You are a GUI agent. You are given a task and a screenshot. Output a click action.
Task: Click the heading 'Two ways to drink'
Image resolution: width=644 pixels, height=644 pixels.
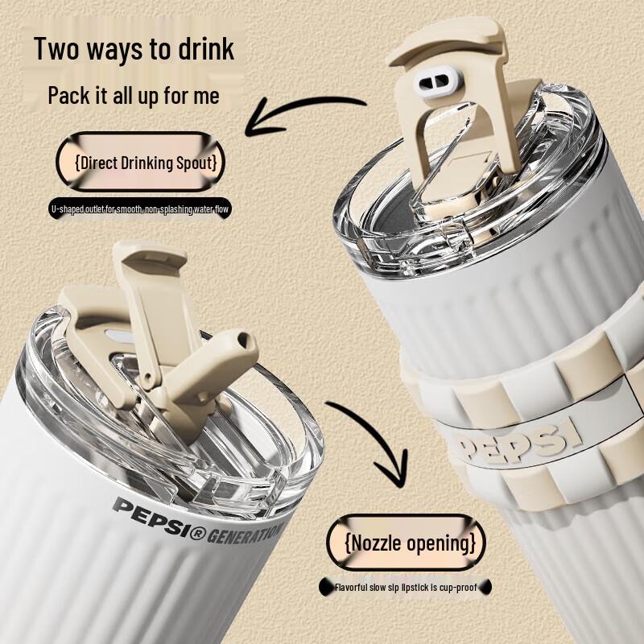pyautogui.click(x=134, y=48)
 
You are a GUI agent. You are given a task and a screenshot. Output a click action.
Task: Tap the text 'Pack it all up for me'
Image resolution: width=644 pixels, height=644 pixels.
pyautogui.click(x=133, y=95)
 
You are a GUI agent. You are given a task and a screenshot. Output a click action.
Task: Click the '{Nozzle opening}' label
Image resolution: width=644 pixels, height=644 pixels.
pyautogui.click(x=407, y=543)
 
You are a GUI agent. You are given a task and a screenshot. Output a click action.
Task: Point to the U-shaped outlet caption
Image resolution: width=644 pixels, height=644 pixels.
pyautogui.click(x=141, y=209)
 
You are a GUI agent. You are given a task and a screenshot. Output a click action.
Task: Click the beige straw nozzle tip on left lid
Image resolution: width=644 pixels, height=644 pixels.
pyautogui.click(x=233, y=355)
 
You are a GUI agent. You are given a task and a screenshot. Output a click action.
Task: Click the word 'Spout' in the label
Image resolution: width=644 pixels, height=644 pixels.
pyautogui.click(x=196, y=163)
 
